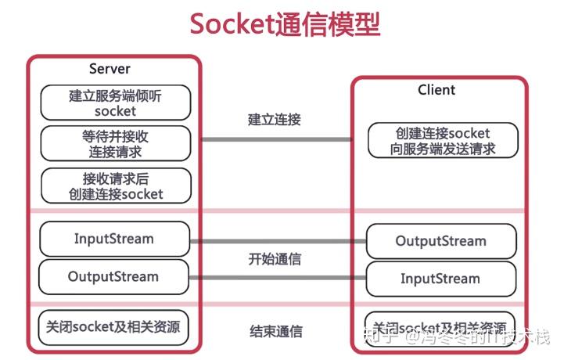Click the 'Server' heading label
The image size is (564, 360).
click(110, 69)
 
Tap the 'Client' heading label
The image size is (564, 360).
click(436, 90)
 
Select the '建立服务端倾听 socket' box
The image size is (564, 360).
click(115, 103)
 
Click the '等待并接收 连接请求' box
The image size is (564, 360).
click(115, 143)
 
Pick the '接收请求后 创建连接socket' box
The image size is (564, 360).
click(115, 185)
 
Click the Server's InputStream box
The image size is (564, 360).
click(114, 239)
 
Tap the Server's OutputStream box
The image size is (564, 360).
click(113, 276)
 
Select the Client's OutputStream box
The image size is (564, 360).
click(442, 241)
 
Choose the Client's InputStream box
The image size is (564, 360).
click(442, 279)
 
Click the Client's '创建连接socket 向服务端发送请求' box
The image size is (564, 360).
click(443, 140)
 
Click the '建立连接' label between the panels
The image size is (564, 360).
click(275, 120)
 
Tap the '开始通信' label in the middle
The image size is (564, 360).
click(275, 259)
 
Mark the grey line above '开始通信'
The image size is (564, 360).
click(278, 241)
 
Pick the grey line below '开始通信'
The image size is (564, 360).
click(278, 277)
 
